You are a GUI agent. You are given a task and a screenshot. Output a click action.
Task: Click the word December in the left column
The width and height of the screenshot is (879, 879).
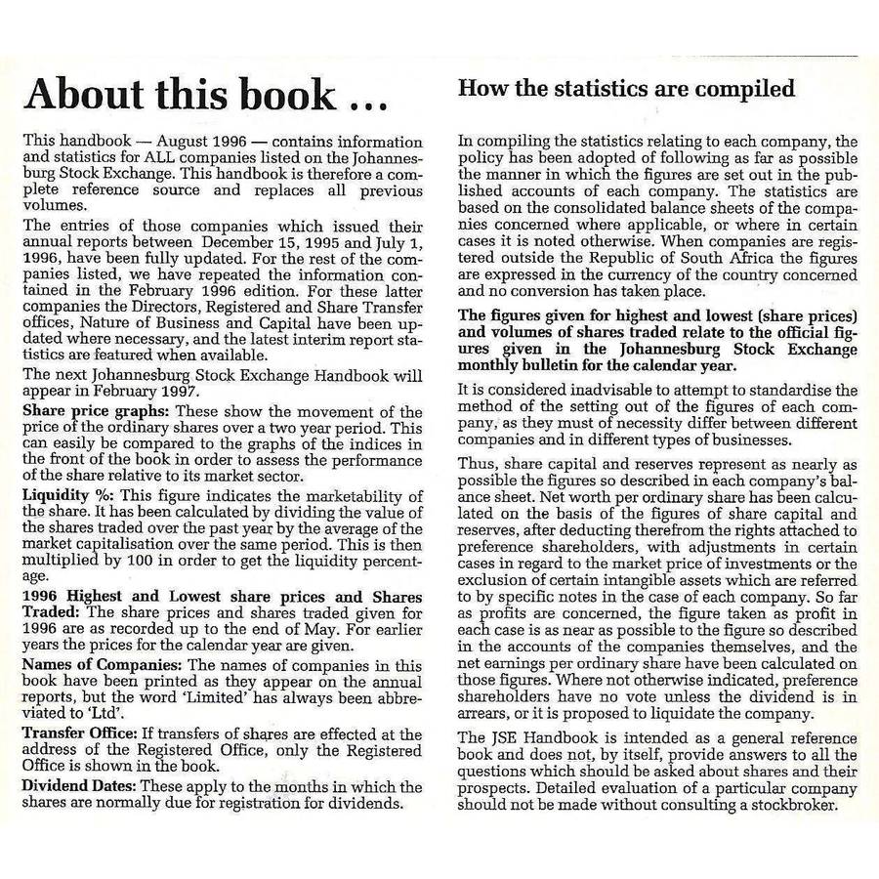tap(282, 240)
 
